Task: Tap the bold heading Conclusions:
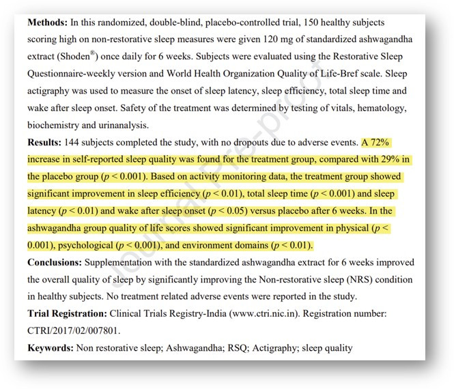pos(60,262)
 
